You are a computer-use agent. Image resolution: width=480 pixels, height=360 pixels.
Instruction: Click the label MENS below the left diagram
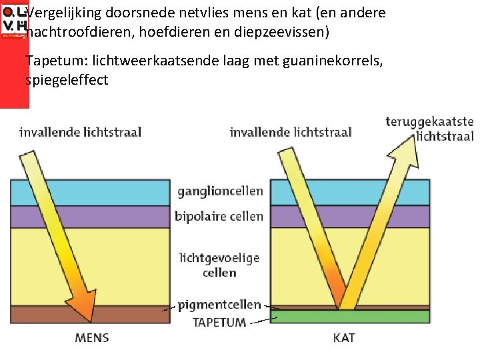point(92,337)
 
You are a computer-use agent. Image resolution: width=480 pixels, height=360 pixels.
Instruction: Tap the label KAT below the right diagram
point(344,337)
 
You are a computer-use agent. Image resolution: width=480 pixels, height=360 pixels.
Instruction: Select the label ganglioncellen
point(220,191)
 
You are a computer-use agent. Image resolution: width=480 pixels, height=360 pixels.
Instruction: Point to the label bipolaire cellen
point(219,216)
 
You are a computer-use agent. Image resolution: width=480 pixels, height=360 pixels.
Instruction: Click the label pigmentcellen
point(220,305)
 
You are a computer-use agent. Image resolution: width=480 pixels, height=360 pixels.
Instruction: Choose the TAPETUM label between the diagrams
point(219,322)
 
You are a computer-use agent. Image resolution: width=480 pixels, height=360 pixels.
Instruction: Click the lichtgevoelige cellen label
point(219,265)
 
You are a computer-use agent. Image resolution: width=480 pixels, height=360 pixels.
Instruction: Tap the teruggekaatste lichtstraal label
point(430,129)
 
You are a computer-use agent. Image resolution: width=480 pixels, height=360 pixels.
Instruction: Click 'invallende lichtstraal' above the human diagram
point(80,132)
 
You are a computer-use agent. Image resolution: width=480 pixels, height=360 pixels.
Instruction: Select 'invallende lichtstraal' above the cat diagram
point(291,132)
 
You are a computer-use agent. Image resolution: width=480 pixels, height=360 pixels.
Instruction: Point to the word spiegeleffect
point(67,81)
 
